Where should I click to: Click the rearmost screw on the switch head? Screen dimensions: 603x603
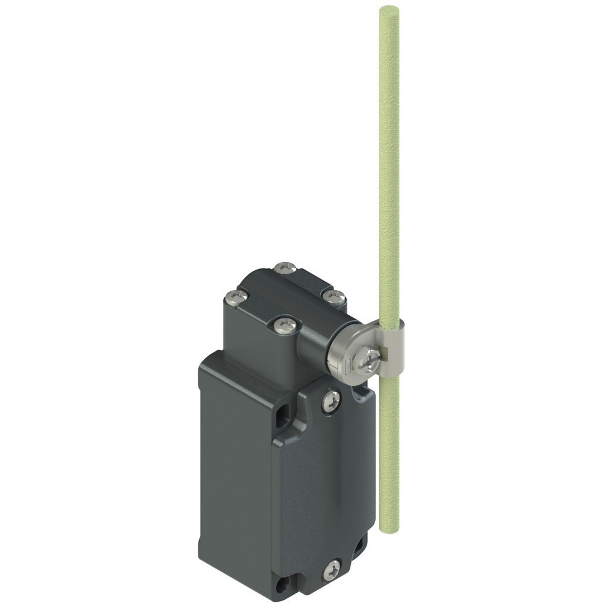click(285, 267)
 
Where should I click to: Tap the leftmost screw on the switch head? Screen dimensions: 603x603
click(236, 296)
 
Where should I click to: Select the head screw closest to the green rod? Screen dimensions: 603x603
click(333, 297)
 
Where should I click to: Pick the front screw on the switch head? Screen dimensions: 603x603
click(285, 326)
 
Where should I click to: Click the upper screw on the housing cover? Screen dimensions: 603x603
click(330, 401)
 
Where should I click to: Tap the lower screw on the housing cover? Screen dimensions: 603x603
click(331, 569)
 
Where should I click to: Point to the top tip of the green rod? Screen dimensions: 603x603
click(389, 9)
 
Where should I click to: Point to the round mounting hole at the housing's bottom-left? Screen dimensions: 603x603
click(282, 584)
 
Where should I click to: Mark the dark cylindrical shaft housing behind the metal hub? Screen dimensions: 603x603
click(314, 344)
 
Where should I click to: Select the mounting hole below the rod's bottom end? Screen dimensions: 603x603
click(361, 546)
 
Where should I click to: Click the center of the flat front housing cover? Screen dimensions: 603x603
click(323, 482)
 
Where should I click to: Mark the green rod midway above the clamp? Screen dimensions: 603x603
click(389, 169)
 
